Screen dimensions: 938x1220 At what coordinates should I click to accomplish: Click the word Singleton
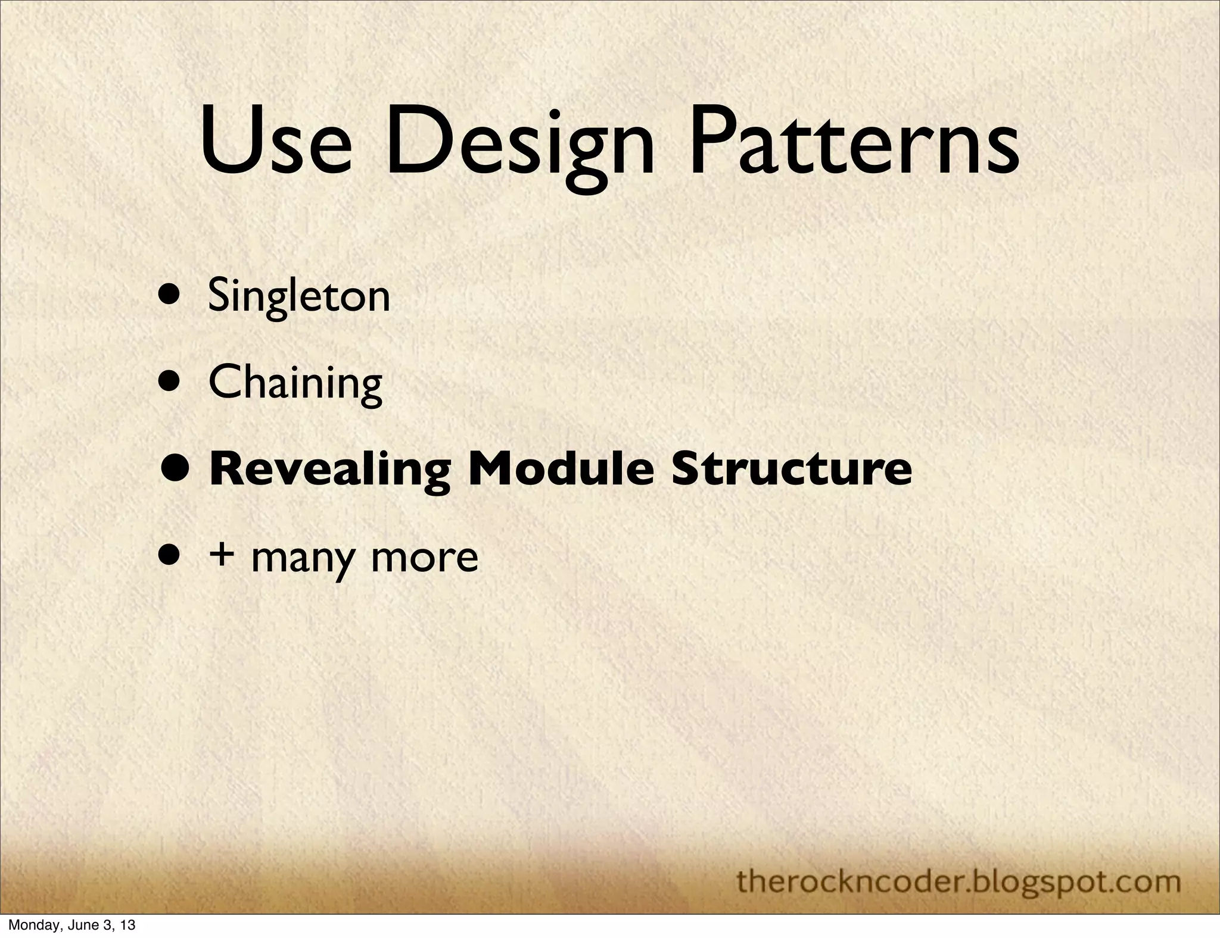coord(299,296)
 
